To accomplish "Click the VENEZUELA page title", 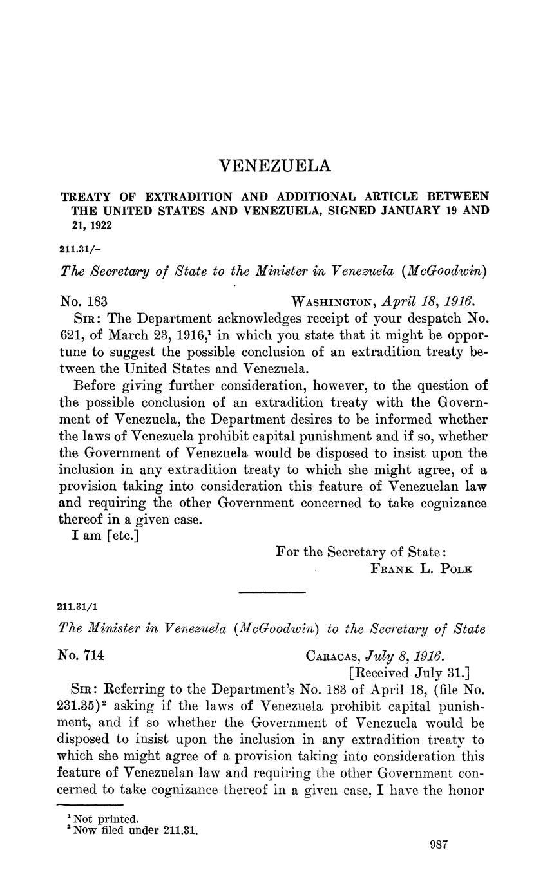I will click(275, 166).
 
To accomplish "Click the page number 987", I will click(439, 845).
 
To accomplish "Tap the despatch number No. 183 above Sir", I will click(83, 301).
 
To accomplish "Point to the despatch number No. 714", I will click(81, 656).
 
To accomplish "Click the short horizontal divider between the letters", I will click(272, 592).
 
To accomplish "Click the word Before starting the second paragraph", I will click(99, 386).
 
